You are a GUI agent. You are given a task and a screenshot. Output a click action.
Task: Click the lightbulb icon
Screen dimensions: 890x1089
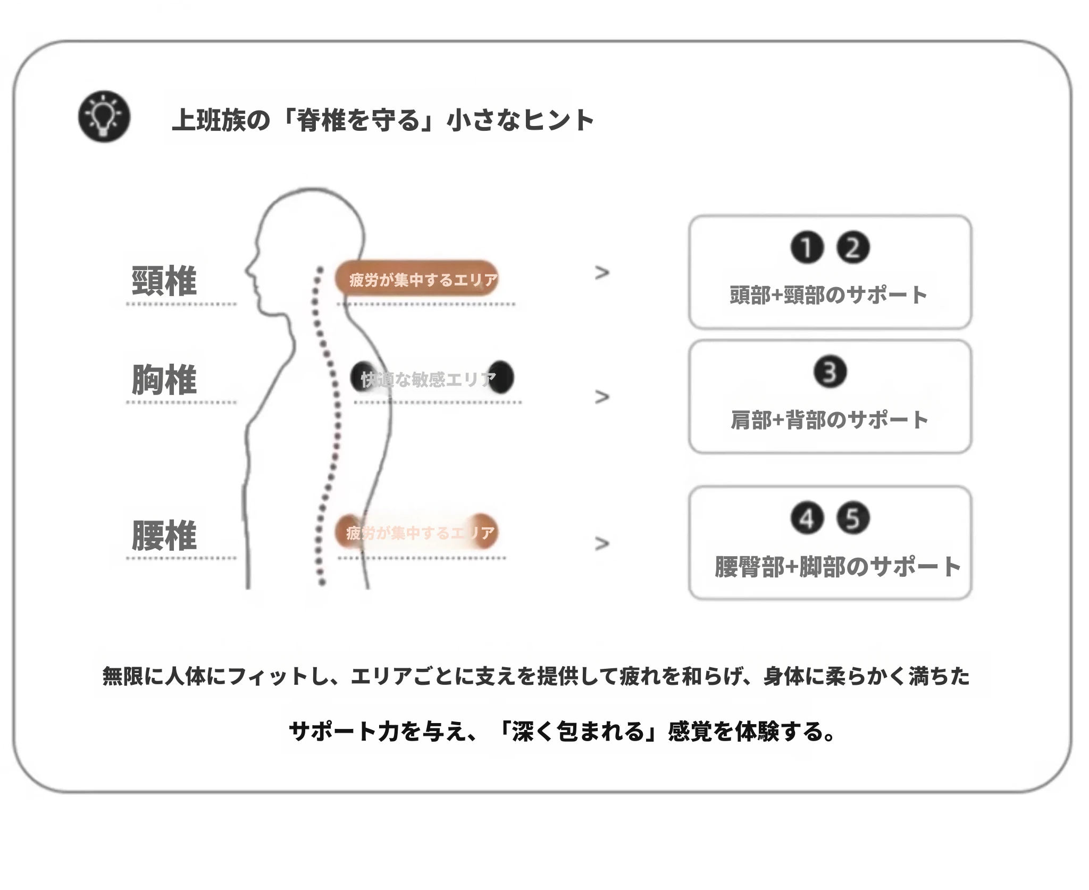coord(104,116)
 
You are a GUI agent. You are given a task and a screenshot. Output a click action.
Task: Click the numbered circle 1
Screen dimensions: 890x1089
coord(807,248)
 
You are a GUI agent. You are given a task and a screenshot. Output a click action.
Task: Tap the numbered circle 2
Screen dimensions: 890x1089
coord(853,248)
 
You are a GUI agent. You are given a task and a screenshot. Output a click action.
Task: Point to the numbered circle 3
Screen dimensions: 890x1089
coord(830,372)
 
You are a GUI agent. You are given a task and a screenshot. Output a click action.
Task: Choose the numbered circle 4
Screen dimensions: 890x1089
coord(807,518)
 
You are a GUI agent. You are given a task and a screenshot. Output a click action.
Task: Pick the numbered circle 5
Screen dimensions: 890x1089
coord(853,518)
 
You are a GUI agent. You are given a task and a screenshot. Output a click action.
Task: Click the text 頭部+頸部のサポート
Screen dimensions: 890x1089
coord(828,295)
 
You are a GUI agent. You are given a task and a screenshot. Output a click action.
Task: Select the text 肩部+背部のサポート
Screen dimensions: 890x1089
coord(830,420)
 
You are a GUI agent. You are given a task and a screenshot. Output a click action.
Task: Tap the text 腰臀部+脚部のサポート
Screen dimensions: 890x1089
coord(837,567)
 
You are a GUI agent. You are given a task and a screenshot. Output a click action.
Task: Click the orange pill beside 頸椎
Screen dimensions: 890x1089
coord(417,279)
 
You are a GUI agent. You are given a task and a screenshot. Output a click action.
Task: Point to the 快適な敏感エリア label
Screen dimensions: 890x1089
coord(429,379)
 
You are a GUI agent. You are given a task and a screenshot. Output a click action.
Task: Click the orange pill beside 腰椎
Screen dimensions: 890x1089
coord(417,532)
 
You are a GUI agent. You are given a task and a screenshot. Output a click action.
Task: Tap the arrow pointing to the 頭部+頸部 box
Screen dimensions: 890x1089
coord(602,273)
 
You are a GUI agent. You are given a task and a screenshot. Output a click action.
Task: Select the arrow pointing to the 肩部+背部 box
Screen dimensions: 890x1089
coord(602,397)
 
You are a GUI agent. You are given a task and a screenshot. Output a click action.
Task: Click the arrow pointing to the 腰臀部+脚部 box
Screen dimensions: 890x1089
coord(602,543)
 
